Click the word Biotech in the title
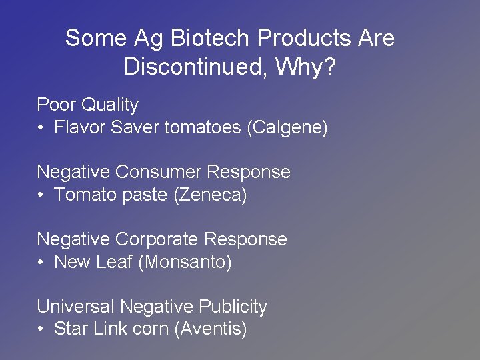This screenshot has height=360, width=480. point(211,38)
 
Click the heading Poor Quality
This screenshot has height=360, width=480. point(87,105)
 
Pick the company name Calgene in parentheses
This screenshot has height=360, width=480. point(287,127)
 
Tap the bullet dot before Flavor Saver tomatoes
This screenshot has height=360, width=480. point(41,127)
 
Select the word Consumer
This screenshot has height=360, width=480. point(158,172)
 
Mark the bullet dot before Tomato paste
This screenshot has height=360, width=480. point(41,195)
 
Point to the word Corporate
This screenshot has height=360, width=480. point(157,239)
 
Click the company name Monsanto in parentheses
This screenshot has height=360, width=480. point(185,262)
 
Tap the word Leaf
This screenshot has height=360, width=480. point(116,262)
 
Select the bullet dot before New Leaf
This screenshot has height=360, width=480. point(41,262)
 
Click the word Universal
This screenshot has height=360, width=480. point(75,307)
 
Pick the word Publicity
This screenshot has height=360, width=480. point(233,307)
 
